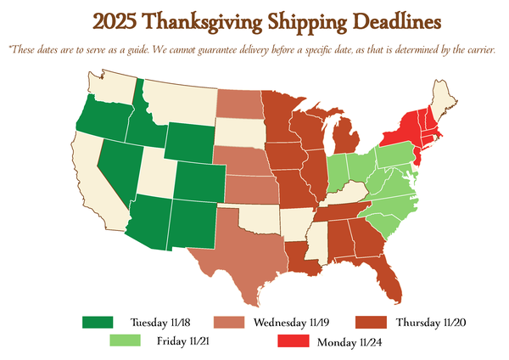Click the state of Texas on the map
coord(242,250)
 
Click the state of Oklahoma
coord(255,216)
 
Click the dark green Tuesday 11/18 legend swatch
coord(98,323)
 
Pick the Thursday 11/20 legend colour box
coord(371,323)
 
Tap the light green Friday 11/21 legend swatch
coord(125,341)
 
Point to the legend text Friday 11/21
coord(182,341)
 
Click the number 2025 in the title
coord(120,20)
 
